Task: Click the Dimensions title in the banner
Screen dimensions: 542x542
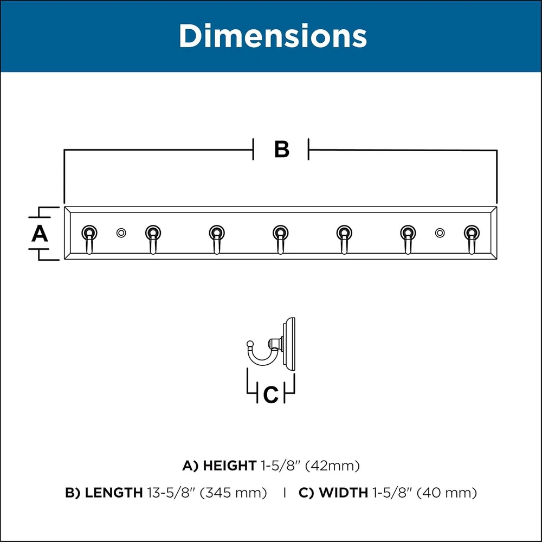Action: coord(273,36)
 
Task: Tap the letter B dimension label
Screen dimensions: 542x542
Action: coord(282,150)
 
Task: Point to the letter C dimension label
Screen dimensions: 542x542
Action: coord(270,395)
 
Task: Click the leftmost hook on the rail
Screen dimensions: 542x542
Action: coord(89,239)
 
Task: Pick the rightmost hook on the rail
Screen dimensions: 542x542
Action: coord(472,239)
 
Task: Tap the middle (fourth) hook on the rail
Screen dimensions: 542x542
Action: coord(280,239)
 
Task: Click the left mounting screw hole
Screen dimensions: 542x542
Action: coord(121,233)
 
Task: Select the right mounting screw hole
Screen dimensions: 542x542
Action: coord(440,233)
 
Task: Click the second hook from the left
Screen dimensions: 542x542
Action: coord(153,239)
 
